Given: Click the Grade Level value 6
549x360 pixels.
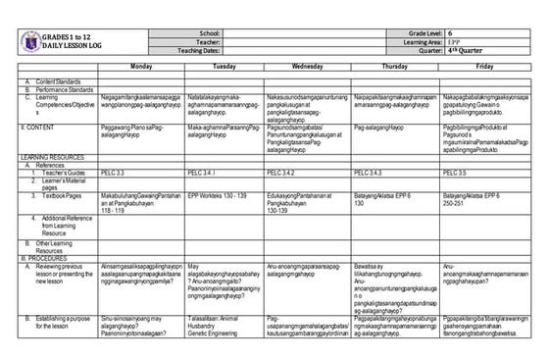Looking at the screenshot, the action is (453, 33).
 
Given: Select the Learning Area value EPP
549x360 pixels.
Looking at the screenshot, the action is (457, 42).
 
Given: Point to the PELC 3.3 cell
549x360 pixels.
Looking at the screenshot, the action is (113, 173).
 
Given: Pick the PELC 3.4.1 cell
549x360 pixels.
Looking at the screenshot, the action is (201, 173).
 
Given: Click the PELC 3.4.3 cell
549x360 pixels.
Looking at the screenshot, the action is (369, 173).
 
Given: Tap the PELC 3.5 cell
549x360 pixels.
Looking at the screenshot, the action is (455, 173).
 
